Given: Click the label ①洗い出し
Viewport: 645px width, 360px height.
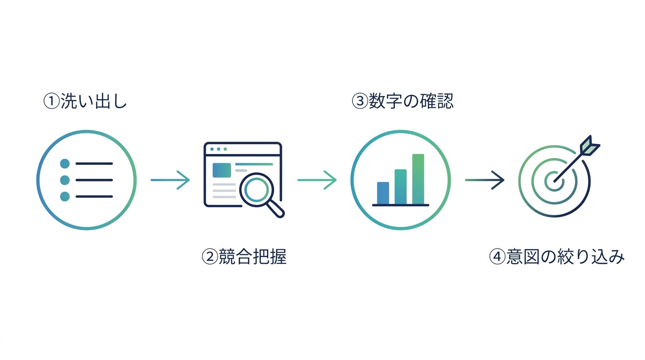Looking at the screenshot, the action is (x=85, y=101).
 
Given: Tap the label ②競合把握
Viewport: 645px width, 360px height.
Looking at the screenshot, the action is (x=244, y=256).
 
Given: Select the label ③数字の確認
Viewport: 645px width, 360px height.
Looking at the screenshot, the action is (x=403, y=101).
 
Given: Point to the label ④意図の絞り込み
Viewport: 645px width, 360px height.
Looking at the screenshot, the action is (x=556, y=256).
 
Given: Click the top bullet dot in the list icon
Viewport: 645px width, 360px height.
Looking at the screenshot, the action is (x=65, y=164).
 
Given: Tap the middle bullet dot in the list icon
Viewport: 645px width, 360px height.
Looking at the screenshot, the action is (x=65, y=180).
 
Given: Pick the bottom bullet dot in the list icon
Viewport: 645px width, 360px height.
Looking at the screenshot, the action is (x=65, y=196).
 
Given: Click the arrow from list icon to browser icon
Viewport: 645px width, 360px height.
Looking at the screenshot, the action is (x=170, y=180).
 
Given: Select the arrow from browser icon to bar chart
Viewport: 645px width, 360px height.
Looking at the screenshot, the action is (x=317, y=180).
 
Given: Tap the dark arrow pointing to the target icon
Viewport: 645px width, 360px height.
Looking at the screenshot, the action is (x=485, y=180).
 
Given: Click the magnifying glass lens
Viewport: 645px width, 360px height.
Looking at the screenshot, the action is (x=256, y=190).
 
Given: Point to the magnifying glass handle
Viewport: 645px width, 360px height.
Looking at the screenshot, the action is (x=276, y=209).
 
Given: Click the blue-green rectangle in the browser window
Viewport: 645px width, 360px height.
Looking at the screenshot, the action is (x=222, y=170).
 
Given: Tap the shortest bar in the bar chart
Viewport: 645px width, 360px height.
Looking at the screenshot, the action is (x=383, y=193).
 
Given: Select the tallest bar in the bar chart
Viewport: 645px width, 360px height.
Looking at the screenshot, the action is (x=418, y=179).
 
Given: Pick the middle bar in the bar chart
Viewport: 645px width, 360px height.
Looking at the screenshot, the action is (x=400, y=187).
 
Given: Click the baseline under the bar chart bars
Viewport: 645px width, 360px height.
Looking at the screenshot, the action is (x=400, y=205).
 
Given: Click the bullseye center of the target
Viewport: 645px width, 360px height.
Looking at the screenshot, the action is (x=554, y=181).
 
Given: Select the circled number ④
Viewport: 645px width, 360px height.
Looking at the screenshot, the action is (x=497, y=256).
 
